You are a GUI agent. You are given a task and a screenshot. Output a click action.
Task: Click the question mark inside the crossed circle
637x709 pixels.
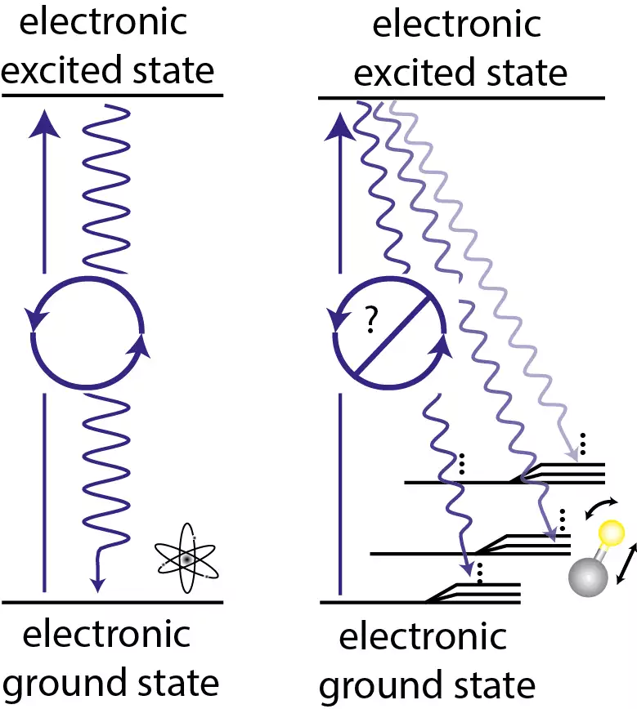pyautogui.click(x=370, y=323)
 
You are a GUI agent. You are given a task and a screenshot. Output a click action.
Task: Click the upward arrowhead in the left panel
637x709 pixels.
pyautogui.click(x=45, y=122)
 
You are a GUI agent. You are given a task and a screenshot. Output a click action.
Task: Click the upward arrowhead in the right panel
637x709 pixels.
pyautogui.click(x=338, y=125)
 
